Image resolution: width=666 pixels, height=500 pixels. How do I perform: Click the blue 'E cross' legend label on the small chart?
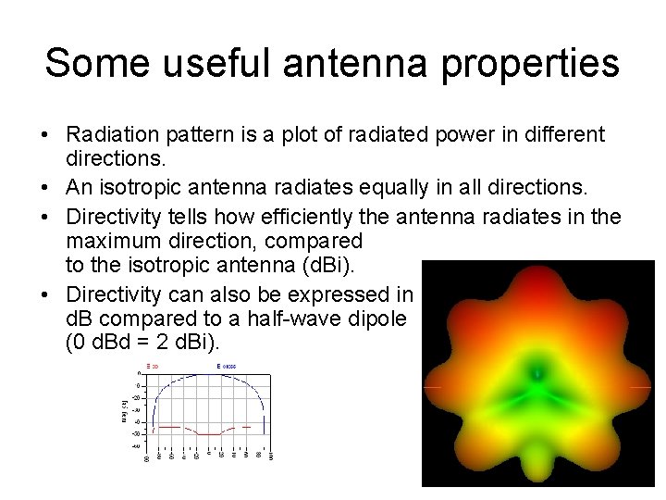tap(227, 368)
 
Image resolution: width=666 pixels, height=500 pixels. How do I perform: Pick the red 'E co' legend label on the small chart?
tap(152, 368)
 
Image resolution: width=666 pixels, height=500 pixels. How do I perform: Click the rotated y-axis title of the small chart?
tap(123, 408)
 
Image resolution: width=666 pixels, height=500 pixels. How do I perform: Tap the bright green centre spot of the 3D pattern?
tap(536, 375)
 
